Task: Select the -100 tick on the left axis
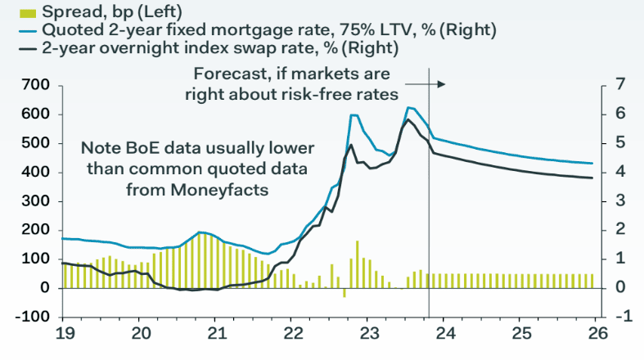34,317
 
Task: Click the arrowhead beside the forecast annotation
442,84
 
